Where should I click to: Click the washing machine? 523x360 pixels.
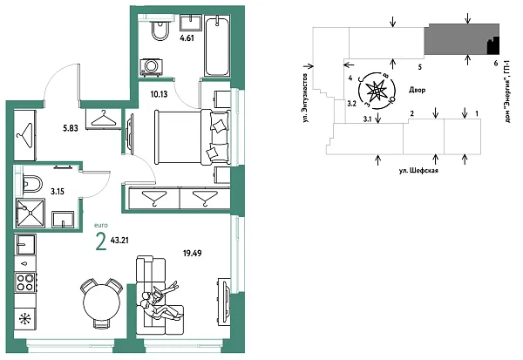point(154,67)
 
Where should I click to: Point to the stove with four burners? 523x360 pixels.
point(25,283)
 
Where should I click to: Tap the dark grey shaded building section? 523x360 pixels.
point(453,39)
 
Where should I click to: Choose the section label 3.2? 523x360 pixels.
point(351,103)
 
